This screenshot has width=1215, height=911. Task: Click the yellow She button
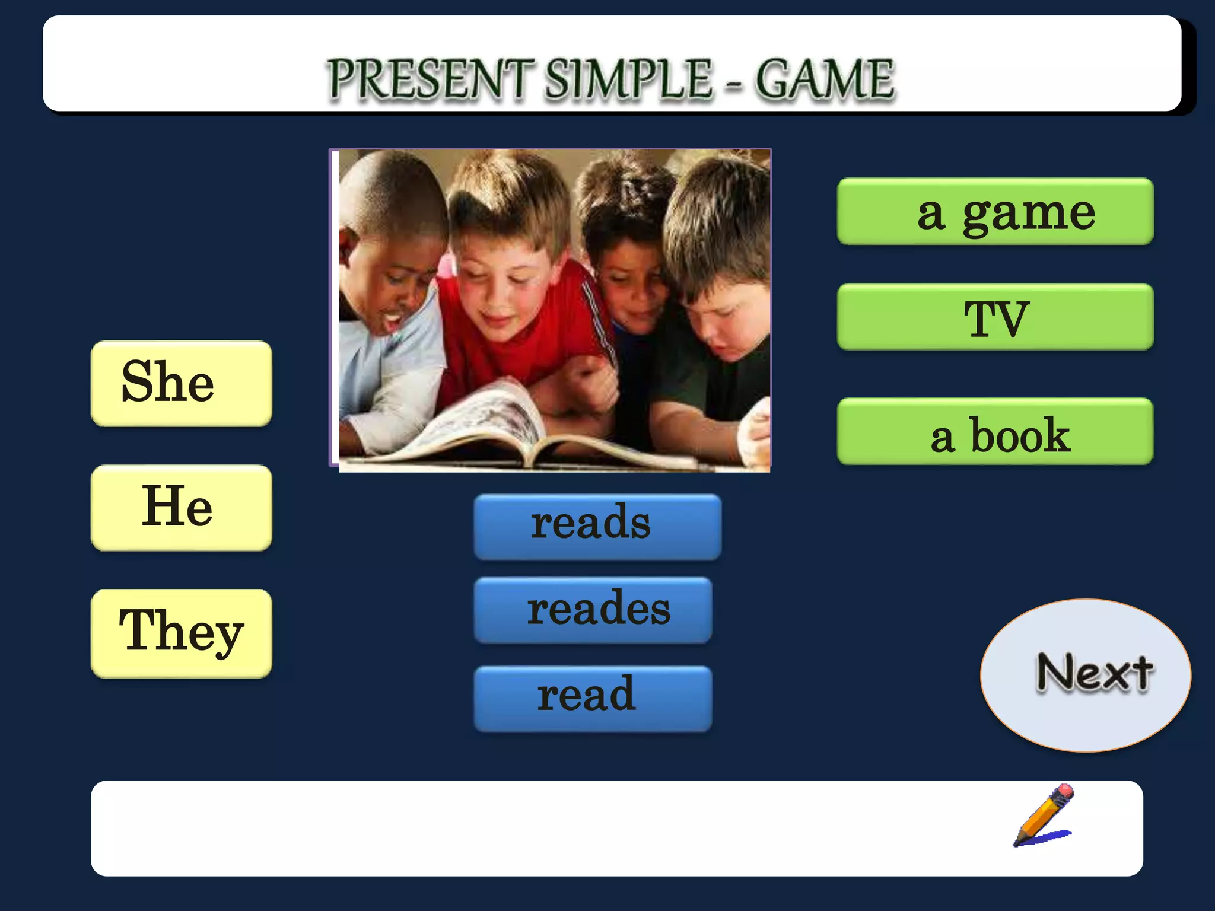[182, 383]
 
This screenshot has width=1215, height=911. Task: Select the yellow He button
[182, 508]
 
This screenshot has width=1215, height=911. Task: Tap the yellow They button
[182, 633]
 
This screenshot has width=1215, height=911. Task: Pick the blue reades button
[593, 610]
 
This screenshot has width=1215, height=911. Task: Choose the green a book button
[995, 432]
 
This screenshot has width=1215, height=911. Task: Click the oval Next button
[1085, 675]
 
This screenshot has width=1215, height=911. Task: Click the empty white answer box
[534, 828]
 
